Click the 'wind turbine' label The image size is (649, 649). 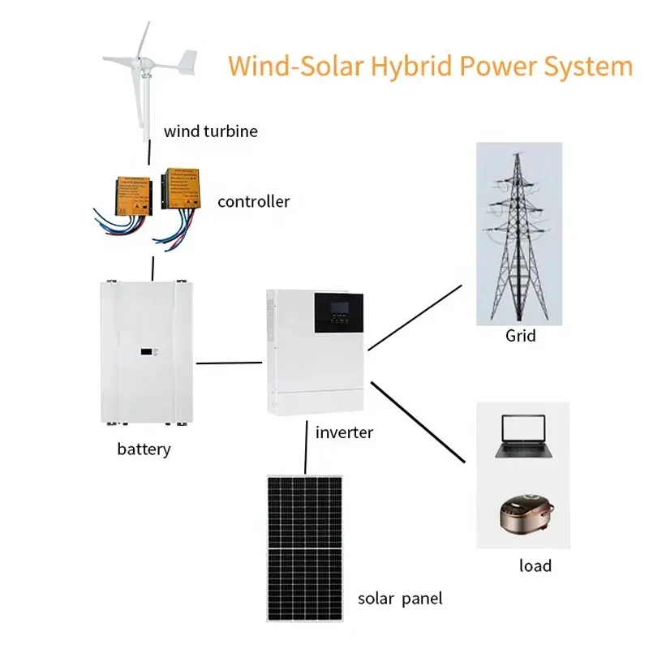pyautogui.click(x=210, y=131)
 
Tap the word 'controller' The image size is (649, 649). pyautogui.click(x=253, y=201)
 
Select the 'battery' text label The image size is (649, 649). pyautogui.click(x=144, y=448)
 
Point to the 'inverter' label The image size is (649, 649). pyautogui.click(x=344, y=432)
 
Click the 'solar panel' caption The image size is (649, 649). pyautogui.click(x=400, y=600)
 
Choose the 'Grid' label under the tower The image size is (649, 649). pyautogui.click(x=520, y=334)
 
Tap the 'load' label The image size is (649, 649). pyautogui.click(x=535, y=565)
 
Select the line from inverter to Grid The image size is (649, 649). pyautogui.click(x=414, y=318)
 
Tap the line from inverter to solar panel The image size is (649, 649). pyautogui.click(x=305, y=448)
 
